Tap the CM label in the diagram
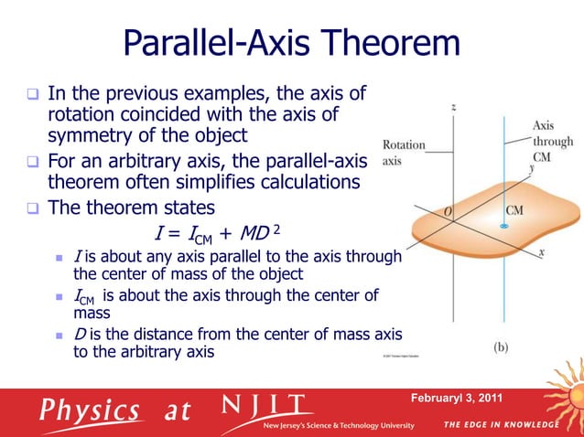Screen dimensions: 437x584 [x=515, y=210]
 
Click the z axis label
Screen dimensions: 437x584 [x=455, y=108]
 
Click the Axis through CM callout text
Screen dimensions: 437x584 [x=553, y=142]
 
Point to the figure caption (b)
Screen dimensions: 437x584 [x=503, y=347]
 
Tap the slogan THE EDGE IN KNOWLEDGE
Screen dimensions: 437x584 [x=503, y=425]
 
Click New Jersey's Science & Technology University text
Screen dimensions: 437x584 [x=339, y=426]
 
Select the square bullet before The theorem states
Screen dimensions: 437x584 [x=34, y=208]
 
